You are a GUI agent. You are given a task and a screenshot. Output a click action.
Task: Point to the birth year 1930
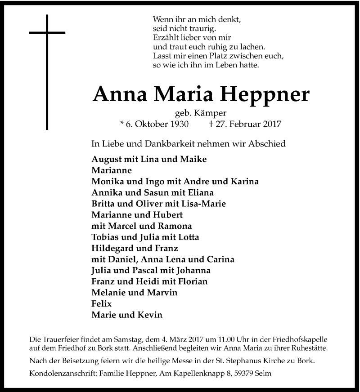177,124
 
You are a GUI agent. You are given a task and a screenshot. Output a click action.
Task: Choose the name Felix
101,304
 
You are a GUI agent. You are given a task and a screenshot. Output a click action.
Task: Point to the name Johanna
194,271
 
